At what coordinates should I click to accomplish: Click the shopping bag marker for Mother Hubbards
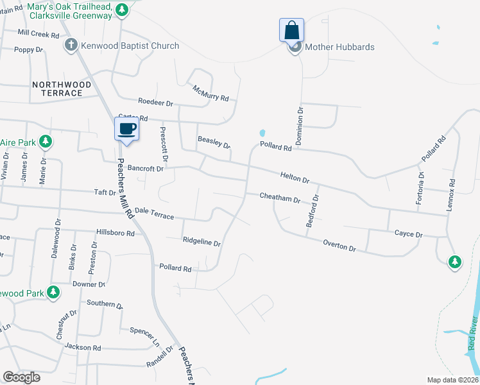point(291,30)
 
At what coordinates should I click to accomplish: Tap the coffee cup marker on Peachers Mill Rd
point(126,128)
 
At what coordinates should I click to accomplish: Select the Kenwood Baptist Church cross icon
point(71,45)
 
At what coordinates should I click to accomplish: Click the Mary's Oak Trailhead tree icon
point(123,10)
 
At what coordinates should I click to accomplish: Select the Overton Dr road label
point(339,245)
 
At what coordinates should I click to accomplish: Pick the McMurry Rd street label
point(210,94)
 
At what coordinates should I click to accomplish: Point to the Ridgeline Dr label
point(201,243)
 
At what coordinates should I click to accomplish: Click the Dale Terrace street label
point(154,214)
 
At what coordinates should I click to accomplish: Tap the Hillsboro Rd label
point(115,233)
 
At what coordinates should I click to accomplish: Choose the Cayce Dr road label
point(408,234)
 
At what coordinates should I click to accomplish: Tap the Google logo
point(21,377)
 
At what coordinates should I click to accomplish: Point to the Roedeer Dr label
point(156,102)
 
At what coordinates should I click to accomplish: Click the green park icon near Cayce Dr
point(455,261)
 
